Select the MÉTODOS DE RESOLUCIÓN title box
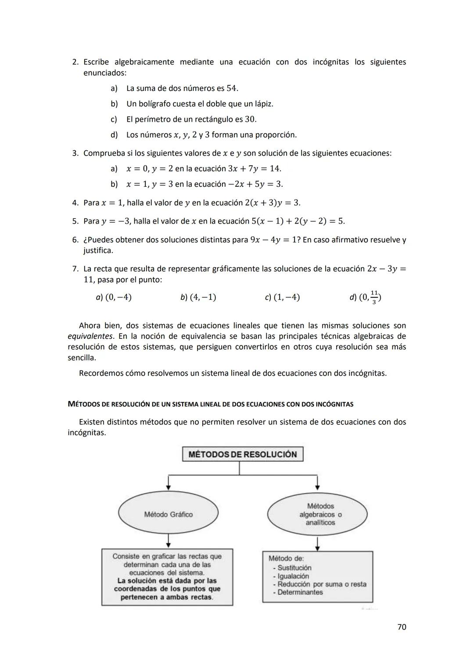[242, 454]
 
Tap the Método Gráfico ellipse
[168, 514]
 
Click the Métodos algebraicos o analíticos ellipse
[317, 514]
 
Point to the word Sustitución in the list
[294, 568]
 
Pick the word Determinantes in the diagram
[300, 592]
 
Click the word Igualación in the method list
[293, 576]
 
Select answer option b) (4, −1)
[198, 297]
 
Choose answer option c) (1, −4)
[282, 297]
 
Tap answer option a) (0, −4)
[114, 297]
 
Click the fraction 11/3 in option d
[373, 297]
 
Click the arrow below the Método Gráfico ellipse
[169, 540]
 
